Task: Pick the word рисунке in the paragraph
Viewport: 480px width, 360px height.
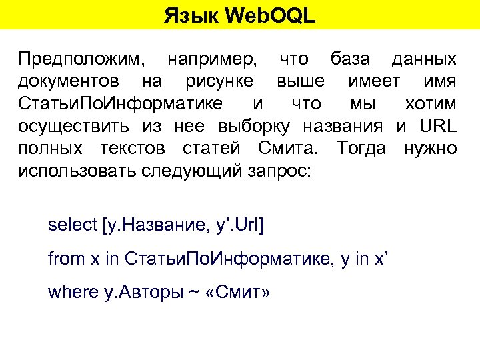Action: (219, 82)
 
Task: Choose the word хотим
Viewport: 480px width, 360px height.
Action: (431, 104)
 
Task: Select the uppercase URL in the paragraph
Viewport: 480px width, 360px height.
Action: (436, 126)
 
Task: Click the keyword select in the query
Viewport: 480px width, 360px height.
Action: (73, 225)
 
